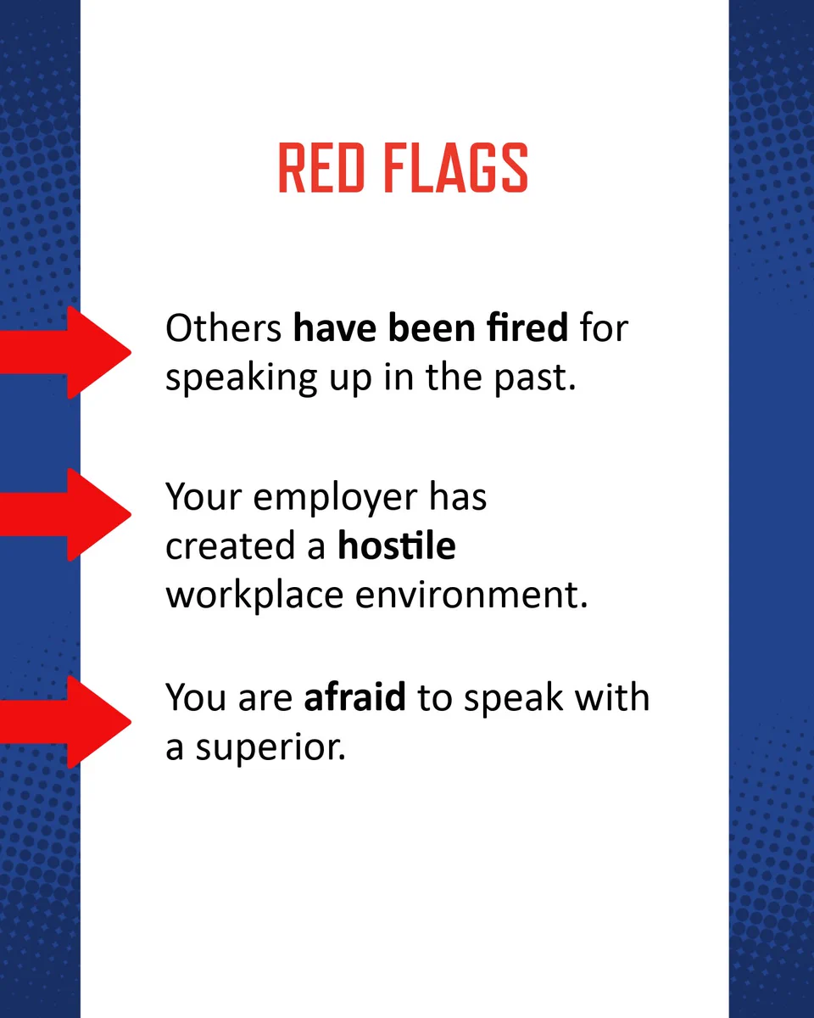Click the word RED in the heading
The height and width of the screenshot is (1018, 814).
tap(321, 168)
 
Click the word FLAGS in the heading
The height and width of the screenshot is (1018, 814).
tap(455, 168)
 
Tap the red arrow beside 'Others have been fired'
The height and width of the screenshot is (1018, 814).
tap(65, 352)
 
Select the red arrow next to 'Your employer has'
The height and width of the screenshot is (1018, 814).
tap(65, 515)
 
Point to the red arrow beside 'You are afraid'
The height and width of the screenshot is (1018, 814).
tap(65, 722)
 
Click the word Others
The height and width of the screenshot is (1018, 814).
tap(223, 327)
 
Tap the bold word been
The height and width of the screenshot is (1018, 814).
tap(432, 327)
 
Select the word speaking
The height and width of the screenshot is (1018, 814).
tap(241, 379)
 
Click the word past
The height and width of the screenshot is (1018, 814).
tap(535, 379)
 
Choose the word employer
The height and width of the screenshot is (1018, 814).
tap(335, 500)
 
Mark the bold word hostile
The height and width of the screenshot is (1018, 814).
tap(396, 545)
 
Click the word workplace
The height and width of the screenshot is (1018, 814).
tap(254, 596)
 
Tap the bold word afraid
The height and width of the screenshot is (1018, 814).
tap(354, 696)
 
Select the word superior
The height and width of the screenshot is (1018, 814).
tap(270, 749)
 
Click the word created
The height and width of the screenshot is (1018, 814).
tap(231, 545)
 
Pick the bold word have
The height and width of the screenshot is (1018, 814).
tap(335, 327)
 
